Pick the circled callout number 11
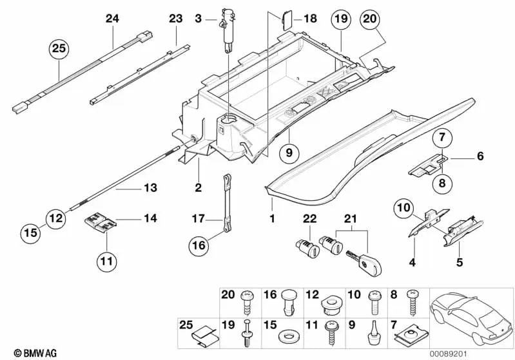click(106, 261)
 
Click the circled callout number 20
click(370, 20)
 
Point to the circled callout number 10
click(403, 207)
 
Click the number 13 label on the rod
click(150, 188)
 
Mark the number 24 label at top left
click(113, 19)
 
